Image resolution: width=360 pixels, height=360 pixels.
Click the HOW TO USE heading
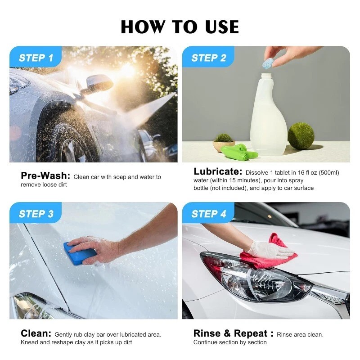click(180, 27)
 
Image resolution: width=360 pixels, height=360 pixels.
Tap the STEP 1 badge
click(36, 58)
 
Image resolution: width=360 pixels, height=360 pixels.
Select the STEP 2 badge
click(208, 58)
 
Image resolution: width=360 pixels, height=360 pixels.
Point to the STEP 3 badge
click(36, 214)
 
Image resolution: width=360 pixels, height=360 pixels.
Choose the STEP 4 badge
click(208, 214)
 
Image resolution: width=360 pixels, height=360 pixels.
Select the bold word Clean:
click(36, 333)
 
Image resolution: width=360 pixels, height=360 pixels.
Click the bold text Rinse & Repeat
click(231, 333)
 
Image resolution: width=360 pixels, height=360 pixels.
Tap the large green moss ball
click(301, 135)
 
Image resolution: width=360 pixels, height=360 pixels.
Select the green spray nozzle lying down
click(241, 152)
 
